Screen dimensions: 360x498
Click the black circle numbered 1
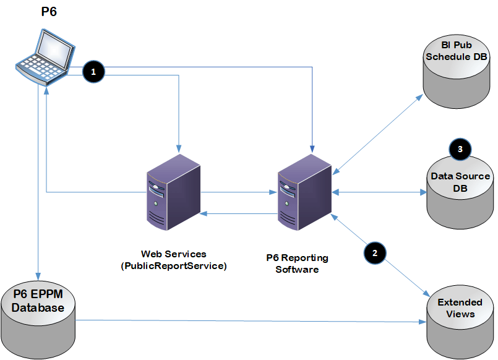(93, 72)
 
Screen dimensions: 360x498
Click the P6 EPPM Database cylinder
(38, 315)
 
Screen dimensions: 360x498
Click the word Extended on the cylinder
(460, 302)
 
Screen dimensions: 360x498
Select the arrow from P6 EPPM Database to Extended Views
(247, 321)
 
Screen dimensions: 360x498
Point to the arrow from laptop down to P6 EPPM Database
(38, 186)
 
